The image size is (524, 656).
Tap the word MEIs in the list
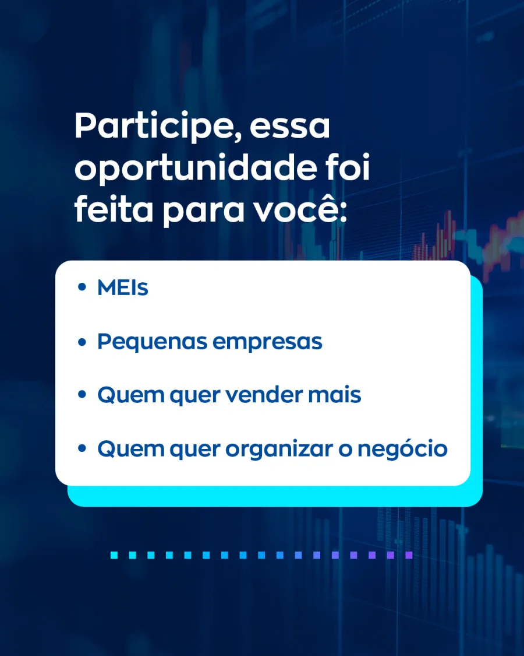pos(123,288)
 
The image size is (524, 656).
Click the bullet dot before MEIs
pos(82,288)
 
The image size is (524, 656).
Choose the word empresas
pos(267,342)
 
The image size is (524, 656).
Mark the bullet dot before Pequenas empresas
pos(82,342)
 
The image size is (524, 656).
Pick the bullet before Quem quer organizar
pos(82,450)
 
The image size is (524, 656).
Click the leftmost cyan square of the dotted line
pos(114,555)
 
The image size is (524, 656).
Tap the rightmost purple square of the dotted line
pos(409,555)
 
